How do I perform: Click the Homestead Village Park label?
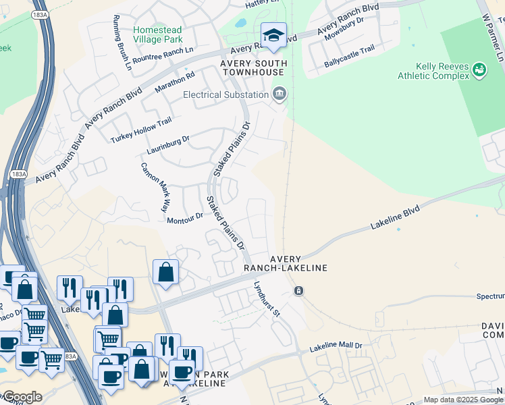158,35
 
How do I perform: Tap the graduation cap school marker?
273,36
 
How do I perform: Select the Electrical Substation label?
226,95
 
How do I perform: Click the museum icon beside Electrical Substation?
280,94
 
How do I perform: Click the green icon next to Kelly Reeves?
479,70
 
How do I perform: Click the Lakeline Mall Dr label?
336,348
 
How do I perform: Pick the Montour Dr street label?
185,219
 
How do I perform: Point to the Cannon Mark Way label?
153,188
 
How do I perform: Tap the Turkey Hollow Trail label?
141,131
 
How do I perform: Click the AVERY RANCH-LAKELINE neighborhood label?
298,263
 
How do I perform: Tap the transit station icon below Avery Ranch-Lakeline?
298,290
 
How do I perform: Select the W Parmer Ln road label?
491,37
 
